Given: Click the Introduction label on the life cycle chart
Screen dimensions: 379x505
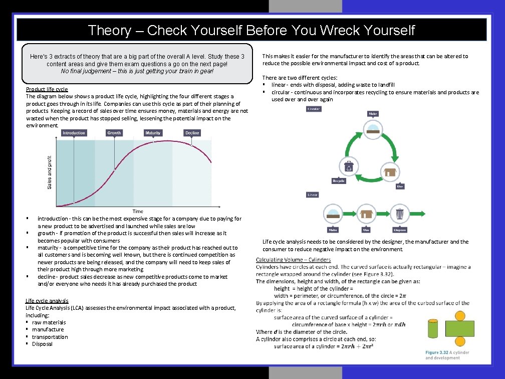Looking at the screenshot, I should pos(74,133).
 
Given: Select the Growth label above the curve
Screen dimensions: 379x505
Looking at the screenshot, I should pos(114,133).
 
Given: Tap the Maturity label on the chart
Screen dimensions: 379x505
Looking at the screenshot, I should pos(153,133).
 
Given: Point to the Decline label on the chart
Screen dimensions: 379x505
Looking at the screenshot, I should pos(192,133).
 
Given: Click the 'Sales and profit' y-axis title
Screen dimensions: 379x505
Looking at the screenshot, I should pos(50,171).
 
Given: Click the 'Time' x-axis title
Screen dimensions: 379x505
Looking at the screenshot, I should pos(138,211).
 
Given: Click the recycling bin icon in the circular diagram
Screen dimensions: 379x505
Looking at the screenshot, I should pos(349,166).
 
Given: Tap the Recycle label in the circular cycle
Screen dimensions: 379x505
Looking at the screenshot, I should pos(339,180).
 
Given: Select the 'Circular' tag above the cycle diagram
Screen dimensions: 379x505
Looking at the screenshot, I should pos(314,109).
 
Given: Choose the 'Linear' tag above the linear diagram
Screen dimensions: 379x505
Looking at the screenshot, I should pos(313,195).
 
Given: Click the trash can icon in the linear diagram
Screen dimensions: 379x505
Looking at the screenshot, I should pos(400,214).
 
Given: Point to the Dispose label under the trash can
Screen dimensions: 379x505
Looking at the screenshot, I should pos(400,230).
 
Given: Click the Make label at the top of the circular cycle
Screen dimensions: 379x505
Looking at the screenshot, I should pos(373,114).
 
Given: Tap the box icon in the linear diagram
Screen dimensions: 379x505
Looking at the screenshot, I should pos(366,214).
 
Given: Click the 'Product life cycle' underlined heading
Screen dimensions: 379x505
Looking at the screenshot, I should pos(47,89).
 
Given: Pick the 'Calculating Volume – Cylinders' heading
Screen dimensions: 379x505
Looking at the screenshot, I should pos(293,260).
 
